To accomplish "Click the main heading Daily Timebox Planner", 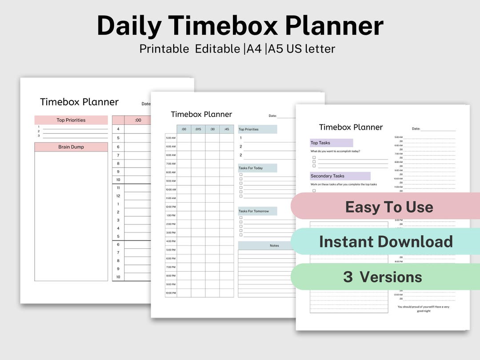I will click(240, 26).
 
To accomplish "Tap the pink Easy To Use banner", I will click(388, 207).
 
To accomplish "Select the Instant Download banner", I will click(385, 241).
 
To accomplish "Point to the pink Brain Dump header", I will click(71, 147).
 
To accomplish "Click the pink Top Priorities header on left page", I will click(71, 120).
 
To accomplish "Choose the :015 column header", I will click(198, 129).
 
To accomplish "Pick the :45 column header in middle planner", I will click(226, 129).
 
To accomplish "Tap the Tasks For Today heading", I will click(251, 168).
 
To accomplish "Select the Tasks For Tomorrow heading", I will click(254, 211).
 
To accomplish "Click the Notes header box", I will click(274, 245).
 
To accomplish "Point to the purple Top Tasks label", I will click(320, 143).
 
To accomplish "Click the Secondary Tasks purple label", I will click(328, 176).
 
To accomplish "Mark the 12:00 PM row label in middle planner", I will click(171, 207).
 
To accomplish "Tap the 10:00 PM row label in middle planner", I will click(171, 293).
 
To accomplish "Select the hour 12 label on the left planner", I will click(118, 196).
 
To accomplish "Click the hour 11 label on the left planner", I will click(118, 188).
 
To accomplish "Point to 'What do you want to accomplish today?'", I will click(335, 152).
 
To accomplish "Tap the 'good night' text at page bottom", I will click(424, 311).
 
